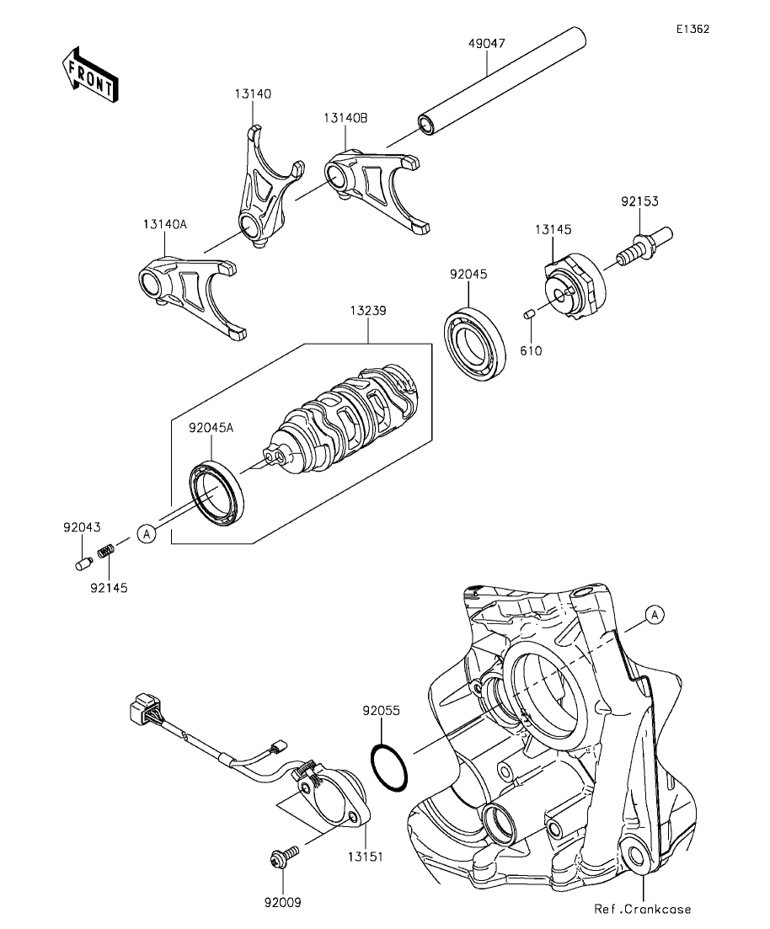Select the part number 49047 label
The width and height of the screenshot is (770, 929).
[487, 43]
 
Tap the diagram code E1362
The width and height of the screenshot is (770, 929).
[693, 29]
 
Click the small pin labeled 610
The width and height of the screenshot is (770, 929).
[529, 312]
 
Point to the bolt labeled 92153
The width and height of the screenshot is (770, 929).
[643, 246]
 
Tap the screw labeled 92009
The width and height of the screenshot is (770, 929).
[284, 856]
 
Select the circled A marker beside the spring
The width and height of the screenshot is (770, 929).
[147, 534]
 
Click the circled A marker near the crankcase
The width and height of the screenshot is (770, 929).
[655, 615]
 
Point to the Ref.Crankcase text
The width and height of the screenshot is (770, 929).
[643, 909]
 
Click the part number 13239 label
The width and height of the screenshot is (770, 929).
[367, 311]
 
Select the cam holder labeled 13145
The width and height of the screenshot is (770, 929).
[575, 286]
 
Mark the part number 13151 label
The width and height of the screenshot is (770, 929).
[365, 856]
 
